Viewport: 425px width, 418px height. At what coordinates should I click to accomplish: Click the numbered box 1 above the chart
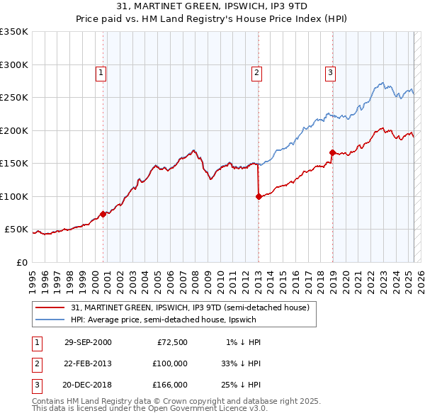(x=101, y=72)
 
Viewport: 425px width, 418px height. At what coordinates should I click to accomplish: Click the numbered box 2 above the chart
(x=256, y=72)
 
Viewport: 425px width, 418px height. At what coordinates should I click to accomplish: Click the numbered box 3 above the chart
(x=330, y=72)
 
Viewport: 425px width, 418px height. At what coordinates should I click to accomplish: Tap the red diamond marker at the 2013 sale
(x=259, y=197)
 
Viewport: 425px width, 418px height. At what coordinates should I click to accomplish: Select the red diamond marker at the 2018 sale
(x=332, y=152)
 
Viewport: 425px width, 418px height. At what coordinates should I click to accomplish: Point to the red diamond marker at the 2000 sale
(x=103, y=214)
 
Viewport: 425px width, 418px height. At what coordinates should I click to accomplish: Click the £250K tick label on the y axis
(x=14, y=98)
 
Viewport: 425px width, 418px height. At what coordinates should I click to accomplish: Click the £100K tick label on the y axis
(x=14, y=196)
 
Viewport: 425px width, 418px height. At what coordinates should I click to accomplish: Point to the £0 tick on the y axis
(x=21, y=262)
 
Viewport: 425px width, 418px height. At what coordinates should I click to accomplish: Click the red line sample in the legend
(x=50, y=308)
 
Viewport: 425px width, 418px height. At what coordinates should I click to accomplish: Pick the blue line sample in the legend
(x=50, y=320)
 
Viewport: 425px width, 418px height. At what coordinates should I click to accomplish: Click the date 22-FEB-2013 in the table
(x=88, y=363)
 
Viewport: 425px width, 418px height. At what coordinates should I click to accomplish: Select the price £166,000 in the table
(x=170, y=385)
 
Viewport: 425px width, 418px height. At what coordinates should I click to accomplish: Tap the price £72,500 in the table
(x=172, y=342)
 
